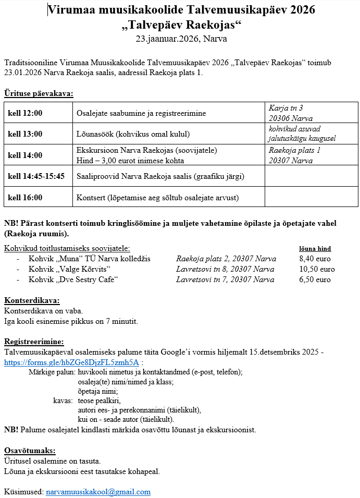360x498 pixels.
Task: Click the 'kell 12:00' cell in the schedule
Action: tap(25, 113)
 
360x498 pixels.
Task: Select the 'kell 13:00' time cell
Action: tap(25, 134)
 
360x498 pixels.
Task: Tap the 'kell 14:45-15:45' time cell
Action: tap(36, 176)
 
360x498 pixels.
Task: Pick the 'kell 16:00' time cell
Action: tap(25, 198)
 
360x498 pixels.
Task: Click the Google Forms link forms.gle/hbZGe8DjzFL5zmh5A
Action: tap(71, 362)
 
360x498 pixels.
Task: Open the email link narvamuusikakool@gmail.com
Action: tap(98, 492)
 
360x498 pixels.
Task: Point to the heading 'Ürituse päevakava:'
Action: tap(39, 94)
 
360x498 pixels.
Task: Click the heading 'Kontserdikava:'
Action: tap(32, 300)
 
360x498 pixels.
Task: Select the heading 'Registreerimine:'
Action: tap(34, 342)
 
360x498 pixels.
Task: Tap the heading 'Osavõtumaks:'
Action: tap(30, 451)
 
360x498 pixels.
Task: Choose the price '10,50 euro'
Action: tap(317, 269)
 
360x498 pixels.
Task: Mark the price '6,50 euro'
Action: tap(315, 280)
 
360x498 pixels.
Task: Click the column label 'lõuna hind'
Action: tap(315, 249)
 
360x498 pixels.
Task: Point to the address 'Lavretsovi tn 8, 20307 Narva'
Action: tap(225, 269)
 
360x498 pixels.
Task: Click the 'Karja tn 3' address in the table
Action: tap(286, 108)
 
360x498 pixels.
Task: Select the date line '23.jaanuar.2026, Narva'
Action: tap(181, 39)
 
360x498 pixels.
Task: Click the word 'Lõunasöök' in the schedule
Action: tap(95, 134)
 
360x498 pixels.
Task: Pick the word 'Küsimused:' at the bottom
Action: tap(23, 492)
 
